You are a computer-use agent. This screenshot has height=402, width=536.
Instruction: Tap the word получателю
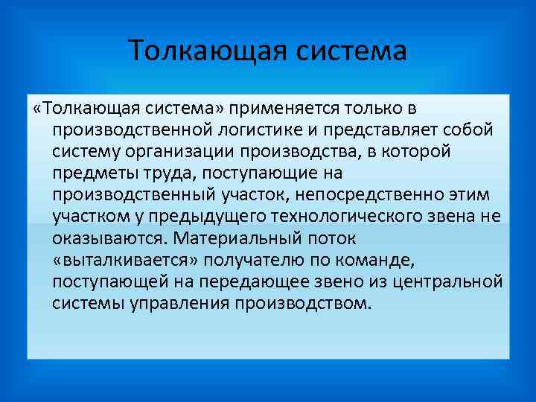pos(253,261)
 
